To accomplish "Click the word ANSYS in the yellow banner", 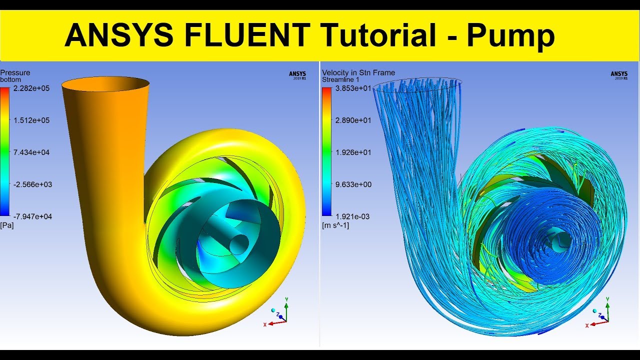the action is [x=119, y=35].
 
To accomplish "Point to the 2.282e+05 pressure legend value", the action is [x=31, y=88].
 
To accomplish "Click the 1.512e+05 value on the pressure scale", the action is [x=31, y=120].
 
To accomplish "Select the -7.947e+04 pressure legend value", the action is [x=32, y=216].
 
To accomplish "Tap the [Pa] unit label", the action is [x=7, y=225].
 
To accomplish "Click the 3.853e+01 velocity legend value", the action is [x=353, y=88].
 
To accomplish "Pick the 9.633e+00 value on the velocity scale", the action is [x=353, y=184].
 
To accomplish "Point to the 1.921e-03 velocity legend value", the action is [x=352, y=216].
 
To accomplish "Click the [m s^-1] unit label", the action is [x=335, y=225].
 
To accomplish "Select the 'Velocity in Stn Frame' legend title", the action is [x=358, y=72].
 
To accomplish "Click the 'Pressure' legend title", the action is [x=15, y=72].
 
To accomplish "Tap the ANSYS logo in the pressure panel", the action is [x=297, y=75].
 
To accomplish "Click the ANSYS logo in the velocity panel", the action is [x=619, y=75].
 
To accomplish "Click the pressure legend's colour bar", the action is [x=4, y=151].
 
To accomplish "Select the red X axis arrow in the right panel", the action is [x=599, y=323].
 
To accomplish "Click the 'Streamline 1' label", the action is [x=340, y=79].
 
